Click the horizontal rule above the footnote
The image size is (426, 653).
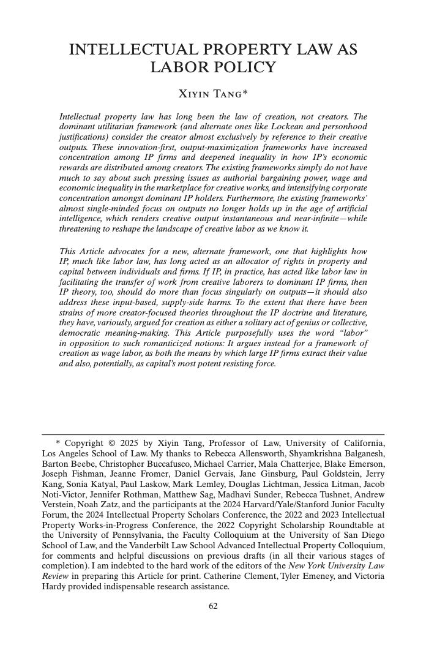pyautogui.click(x=213, y=434)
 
